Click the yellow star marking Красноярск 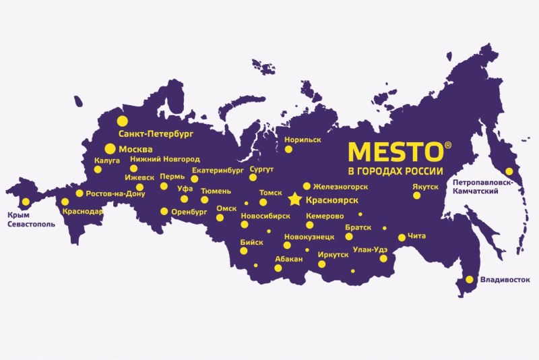[294, 200]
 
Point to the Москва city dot [109, 149]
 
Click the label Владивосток [505, 279]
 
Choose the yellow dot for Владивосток [470, 279]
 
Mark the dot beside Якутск [417, 196]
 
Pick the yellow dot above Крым [26, 202]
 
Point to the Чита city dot [402, 237]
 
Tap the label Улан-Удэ [371, 249]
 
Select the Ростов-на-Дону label [115, 193]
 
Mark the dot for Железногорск [307, 186]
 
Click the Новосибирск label [265, 216]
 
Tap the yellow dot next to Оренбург [164, 211]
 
